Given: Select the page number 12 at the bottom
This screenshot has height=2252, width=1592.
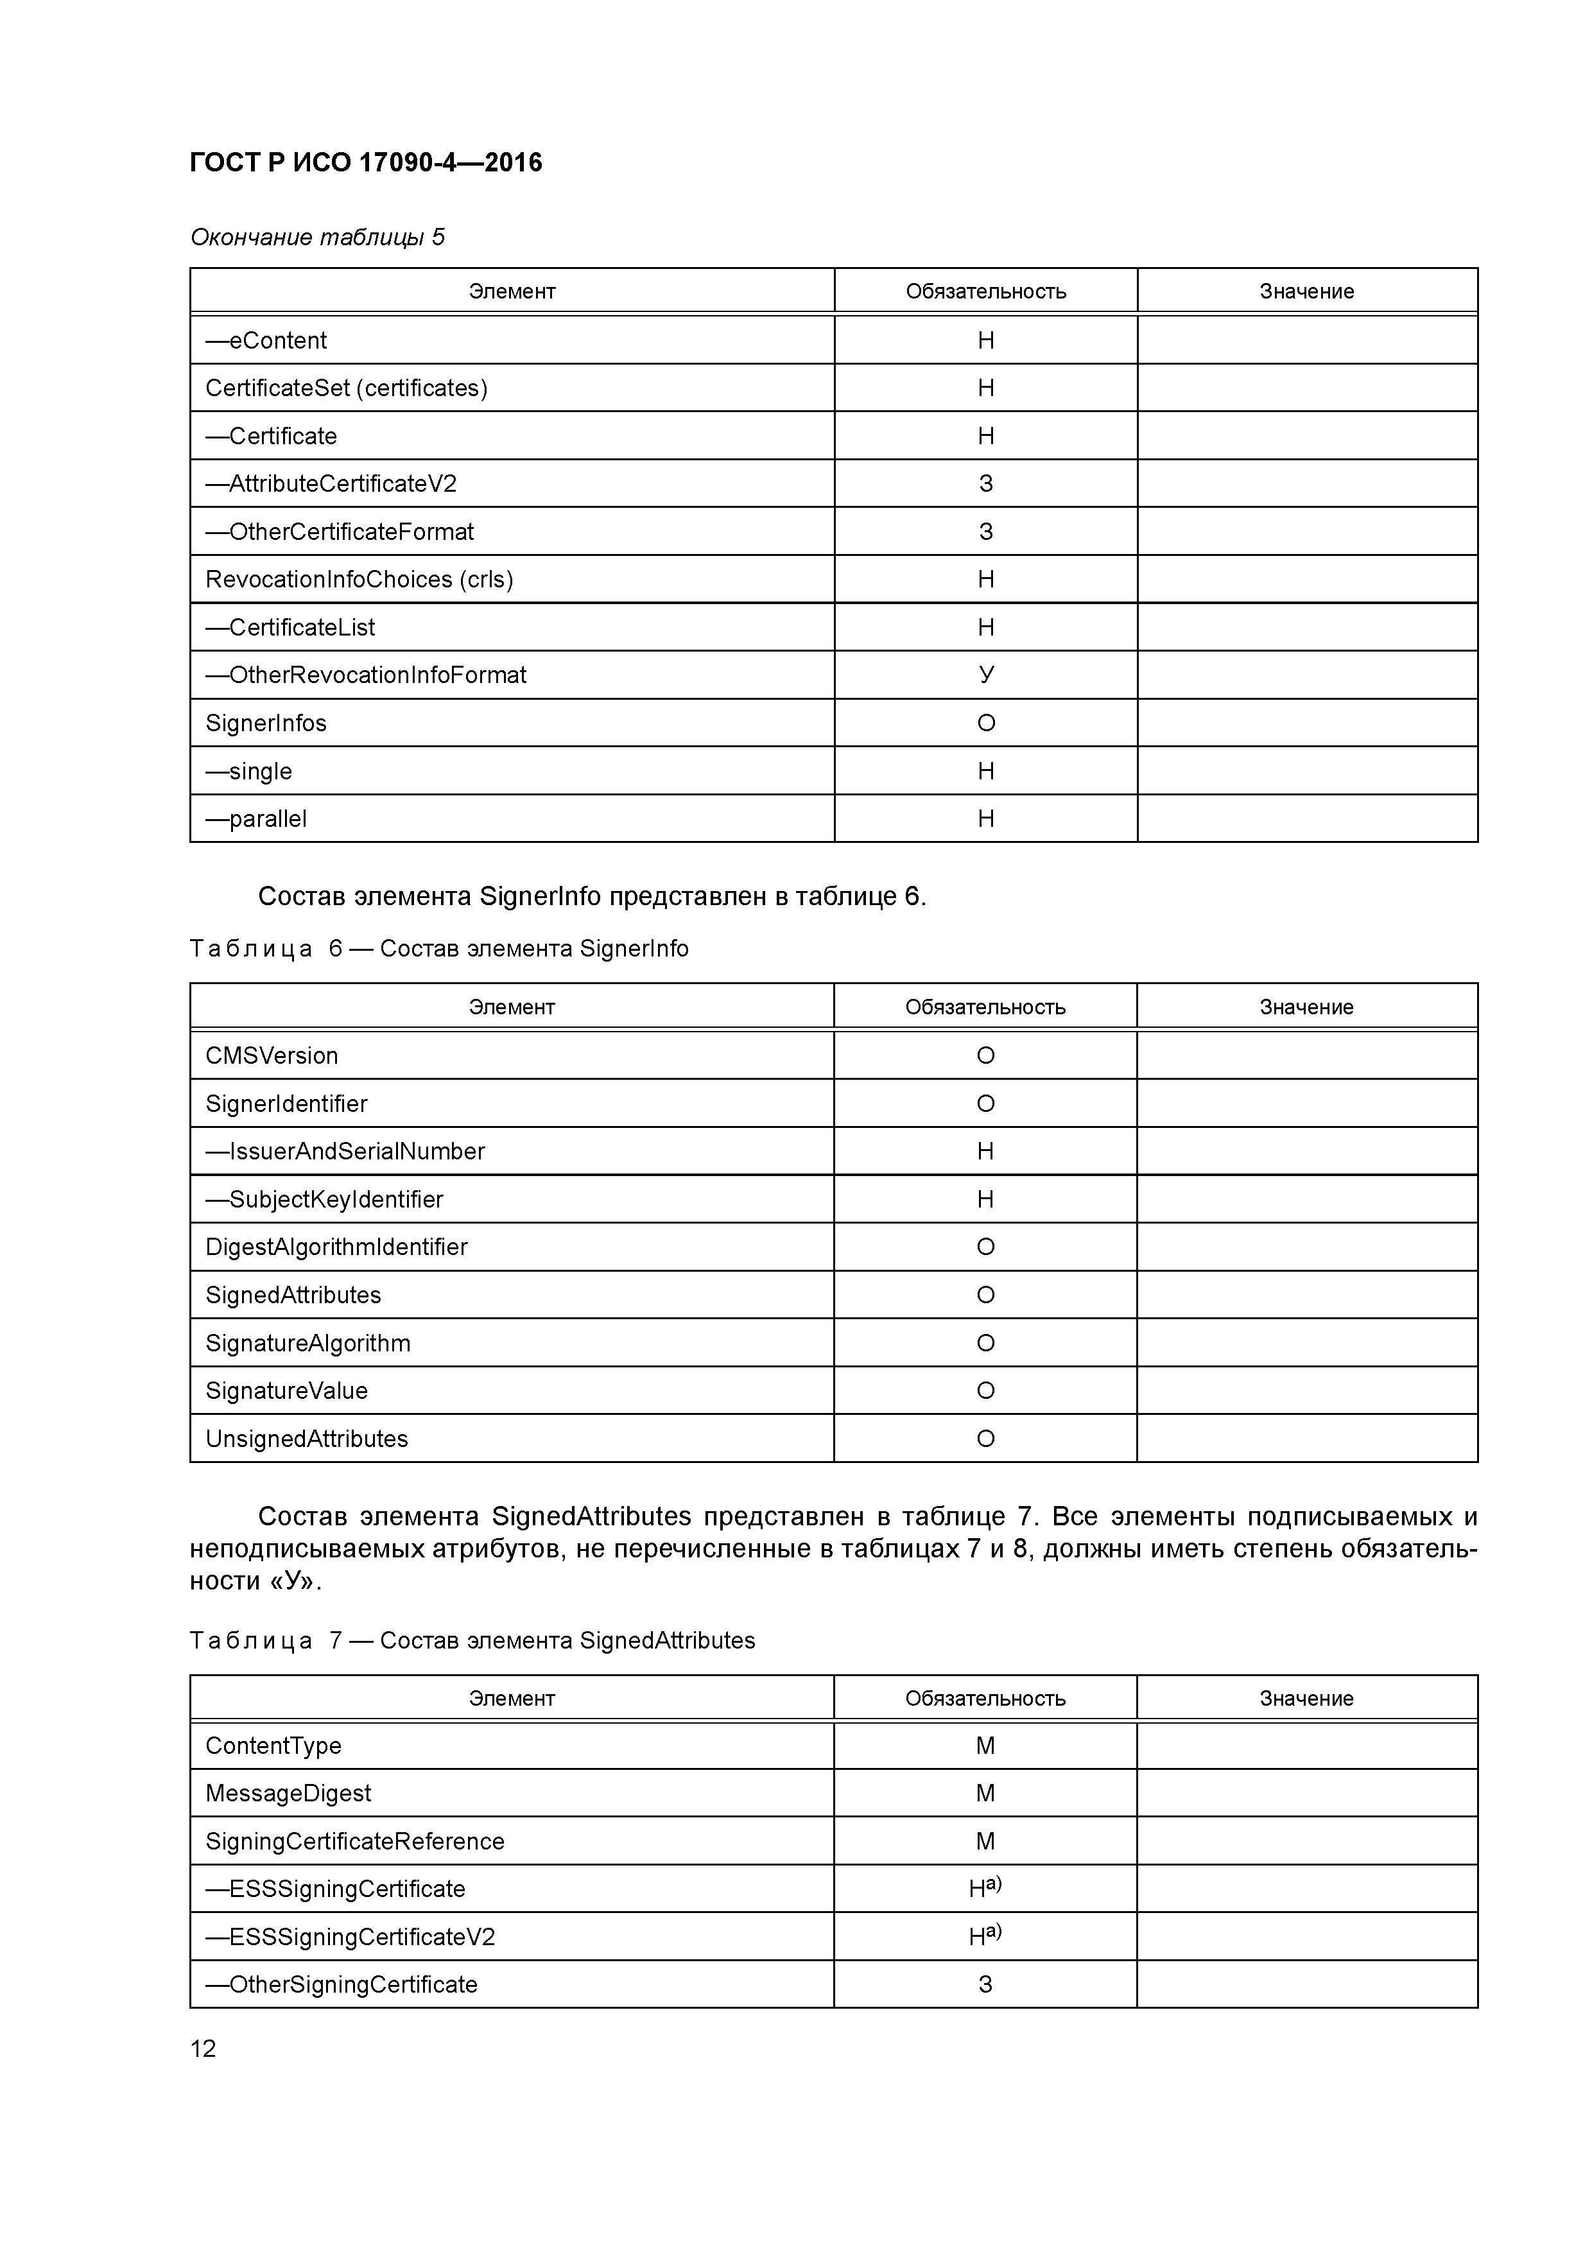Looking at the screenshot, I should tap(203, 2048).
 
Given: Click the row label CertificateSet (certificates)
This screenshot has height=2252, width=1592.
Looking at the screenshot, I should tap(346, 388).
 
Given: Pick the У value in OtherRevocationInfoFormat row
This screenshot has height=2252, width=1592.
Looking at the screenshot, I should tap(986, 675).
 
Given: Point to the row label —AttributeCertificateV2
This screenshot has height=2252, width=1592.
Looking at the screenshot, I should tap(331, 483).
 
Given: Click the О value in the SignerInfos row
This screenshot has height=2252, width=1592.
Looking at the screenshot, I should tap(986, 723).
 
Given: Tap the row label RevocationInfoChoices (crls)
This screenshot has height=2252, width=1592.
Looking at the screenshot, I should tap(359, 580).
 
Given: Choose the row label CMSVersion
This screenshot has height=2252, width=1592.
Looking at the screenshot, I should tap(272, 1055).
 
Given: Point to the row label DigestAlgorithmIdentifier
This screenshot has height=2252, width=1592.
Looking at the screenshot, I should tap(336, 1247).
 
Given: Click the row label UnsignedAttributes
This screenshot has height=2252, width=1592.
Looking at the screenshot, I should tap(306, 1439).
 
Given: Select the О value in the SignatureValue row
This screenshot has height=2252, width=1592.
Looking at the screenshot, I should tap(986, 1391).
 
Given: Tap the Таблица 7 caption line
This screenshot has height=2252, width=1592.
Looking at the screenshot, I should tap(472, 1640).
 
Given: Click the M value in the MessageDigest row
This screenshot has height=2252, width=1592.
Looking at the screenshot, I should tap(986, 1793).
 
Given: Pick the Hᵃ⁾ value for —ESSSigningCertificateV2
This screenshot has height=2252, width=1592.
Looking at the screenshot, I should tap(985, 1936).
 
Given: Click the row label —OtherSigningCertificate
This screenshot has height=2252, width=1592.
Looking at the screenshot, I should tap(342, 1984).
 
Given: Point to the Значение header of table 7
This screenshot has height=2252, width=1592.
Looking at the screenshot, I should tap(1306, 1698).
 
